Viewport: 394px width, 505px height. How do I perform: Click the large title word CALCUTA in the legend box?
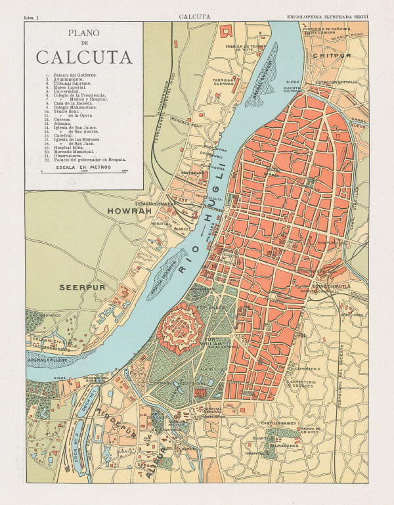point(83,57)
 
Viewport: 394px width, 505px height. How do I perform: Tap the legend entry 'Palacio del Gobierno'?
point(72,76)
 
